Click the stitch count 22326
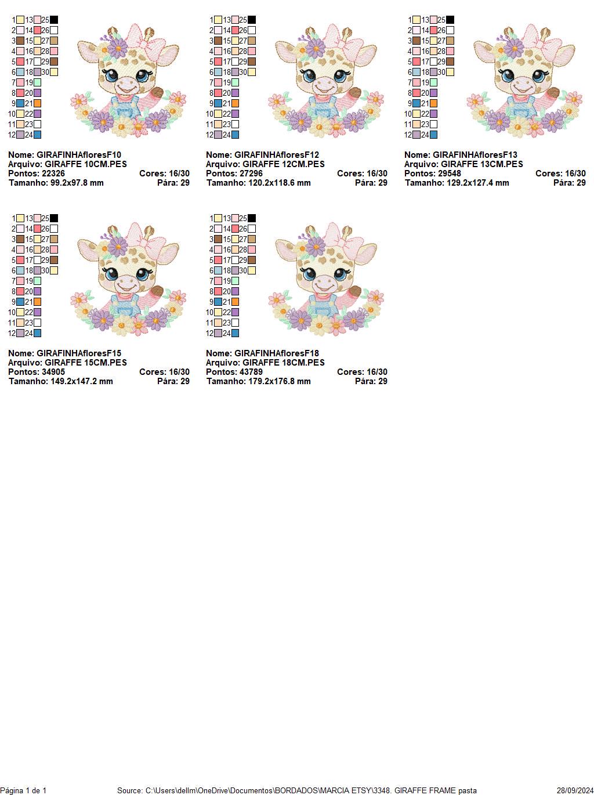click(x=53, y=174)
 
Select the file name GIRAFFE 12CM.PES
click(x=284, y=164)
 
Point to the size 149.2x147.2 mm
click(x=78, y=381)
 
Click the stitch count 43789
click(x=251, y=372)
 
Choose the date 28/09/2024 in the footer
click(x=575, y=790)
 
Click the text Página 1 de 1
click(x=23, y=790)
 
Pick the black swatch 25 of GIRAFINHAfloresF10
click(x=54, y=20)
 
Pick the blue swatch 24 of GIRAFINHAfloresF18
click(x=235, y=333)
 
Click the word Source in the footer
click(x=129, y=790)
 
